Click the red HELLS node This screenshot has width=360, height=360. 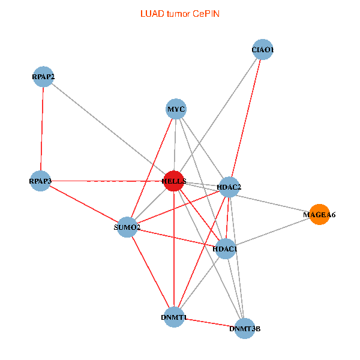coord(173,181)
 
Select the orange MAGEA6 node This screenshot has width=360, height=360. coord(319,214)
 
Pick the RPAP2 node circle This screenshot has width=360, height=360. coord(43,76)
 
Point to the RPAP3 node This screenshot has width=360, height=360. coord(41,181)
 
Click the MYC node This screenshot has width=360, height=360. coord(176,109)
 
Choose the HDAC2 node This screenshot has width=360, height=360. coord(229,187)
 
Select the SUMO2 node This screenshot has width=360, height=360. coord(127,227)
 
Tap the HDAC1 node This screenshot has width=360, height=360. coord(225,248)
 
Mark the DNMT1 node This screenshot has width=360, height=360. coord(174,317)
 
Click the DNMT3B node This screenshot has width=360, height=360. coord(244,328)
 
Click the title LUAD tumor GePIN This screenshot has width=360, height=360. coord(179,13)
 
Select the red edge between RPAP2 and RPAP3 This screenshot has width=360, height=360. coord(42,128)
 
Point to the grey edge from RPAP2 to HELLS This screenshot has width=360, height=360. coord(108,128)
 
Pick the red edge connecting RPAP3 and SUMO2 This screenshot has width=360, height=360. coord(84,204)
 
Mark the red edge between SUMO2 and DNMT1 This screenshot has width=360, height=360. coord(150,272)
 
